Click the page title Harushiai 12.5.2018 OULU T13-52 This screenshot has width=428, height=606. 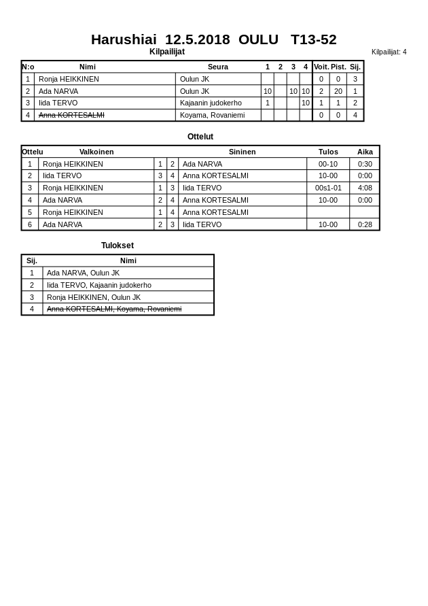(x=213, y=39)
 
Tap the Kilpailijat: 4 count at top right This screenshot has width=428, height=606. (x=389, y=52)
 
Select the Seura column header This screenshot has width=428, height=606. (x=217, y=67)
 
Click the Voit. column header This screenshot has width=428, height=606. (x=321, y=67)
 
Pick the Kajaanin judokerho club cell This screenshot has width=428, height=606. (x=211, y=103)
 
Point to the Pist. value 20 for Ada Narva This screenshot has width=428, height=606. (x=338, y=91)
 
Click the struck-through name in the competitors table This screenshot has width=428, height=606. (x=71, y=115)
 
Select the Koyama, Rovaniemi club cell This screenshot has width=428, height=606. (x=212, y=115)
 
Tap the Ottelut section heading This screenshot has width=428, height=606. (x=200, y=137)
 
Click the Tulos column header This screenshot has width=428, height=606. (x=328, y=152)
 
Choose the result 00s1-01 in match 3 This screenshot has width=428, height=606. (x=328, y=188)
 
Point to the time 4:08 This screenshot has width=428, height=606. (x=365, y=188)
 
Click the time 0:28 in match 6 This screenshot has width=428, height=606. (x=365, y=224)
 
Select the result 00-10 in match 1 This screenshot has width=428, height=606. (x=328, y=164)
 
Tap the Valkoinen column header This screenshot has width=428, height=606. (x=96, y=152)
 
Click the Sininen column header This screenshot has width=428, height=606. (x=242, y=152)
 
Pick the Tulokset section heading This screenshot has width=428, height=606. (x=118, y=246)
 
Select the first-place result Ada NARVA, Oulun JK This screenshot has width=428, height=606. (x=83, y=273)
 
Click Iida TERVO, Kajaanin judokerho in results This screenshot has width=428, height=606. (x=99, y=285)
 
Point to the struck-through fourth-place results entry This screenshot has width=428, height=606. (x=114, y=309)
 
